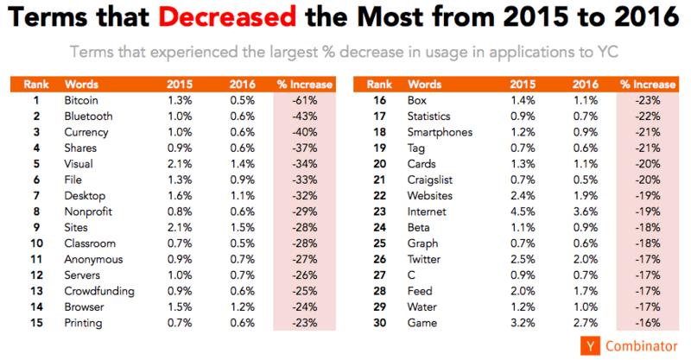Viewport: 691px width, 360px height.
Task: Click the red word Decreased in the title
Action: coord(227,16)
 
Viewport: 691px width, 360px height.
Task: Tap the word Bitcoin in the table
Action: coord(81,100)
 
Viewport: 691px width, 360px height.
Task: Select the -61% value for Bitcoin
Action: coord(304,100)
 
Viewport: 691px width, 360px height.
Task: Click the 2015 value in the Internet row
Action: coord(523,212)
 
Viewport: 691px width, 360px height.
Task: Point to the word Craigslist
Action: coord(429,180)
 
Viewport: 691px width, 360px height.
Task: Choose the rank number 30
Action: coord(379,323)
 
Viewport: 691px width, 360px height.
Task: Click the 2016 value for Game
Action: coord(586,323)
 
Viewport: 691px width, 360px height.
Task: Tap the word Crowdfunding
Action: coord(99,291)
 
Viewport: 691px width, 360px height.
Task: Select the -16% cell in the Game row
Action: coord(647,323)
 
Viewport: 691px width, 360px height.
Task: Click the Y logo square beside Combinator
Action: coord(590,346)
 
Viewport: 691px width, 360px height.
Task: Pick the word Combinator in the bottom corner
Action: coord(641,346)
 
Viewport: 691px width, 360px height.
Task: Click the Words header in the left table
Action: coord(81,84)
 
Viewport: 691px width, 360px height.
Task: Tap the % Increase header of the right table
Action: coord(648,84)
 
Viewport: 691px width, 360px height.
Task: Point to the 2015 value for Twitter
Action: coord(523,260)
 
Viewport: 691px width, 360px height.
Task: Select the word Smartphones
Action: coord(440,133)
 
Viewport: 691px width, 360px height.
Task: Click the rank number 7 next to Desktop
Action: coord(36,196)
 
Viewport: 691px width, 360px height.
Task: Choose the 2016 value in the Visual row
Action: coord(242,164)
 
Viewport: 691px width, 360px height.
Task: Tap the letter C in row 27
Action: coord(411,275)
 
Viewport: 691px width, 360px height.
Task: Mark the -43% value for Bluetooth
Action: coord(304,117)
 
